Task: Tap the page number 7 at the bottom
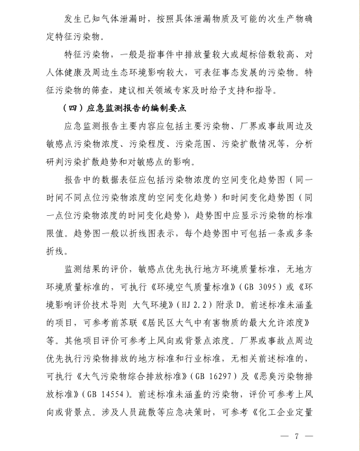click(x=297, y=436)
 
